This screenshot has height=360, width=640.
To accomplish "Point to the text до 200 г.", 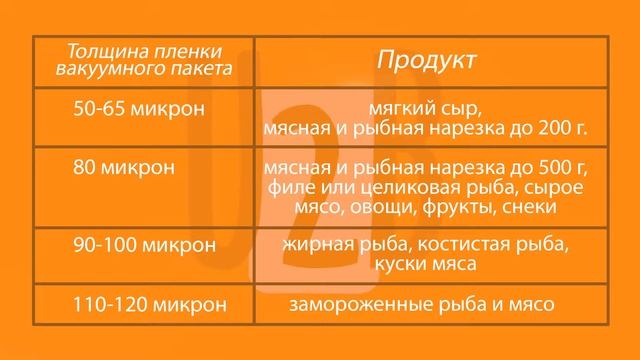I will [560, 129].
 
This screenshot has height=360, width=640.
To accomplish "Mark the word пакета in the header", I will [200, 69].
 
